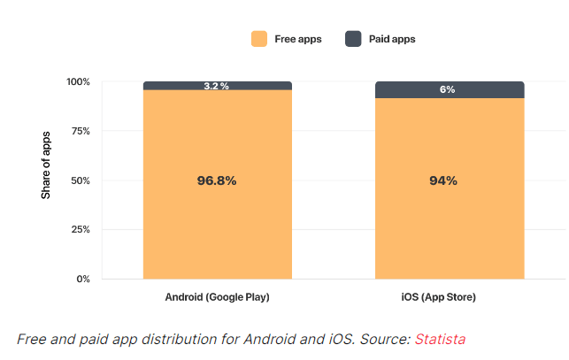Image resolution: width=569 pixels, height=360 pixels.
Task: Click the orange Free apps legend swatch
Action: point(259,39)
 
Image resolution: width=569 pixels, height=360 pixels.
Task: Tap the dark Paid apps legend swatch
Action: point(352,39)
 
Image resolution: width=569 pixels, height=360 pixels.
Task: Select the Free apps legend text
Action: point(298,39)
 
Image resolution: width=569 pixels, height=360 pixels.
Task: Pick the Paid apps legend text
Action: point(392,39)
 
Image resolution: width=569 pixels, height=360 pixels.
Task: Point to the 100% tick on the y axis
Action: point(78,82)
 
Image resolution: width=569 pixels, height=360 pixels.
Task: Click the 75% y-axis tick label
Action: point(80,131)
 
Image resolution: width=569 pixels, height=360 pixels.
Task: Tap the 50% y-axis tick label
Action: point(80,180)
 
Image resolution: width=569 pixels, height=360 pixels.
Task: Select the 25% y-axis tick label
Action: point(80,230)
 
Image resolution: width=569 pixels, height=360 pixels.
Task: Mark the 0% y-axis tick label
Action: point(82,280)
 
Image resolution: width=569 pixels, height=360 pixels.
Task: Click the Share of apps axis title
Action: point(46,165)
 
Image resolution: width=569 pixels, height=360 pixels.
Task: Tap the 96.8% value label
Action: point(217,180)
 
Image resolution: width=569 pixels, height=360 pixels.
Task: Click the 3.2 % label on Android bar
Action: point(217,86)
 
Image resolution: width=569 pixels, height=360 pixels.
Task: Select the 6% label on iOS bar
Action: point(449,90)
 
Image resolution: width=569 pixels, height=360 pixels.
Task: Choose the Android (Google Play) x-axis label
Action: point(217,297)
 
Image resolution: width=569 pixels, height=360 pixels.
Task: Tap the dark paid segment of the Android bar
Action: point(168,86)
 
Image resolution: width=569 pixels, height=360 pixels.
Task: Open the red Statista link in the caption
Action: point(440,339)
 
